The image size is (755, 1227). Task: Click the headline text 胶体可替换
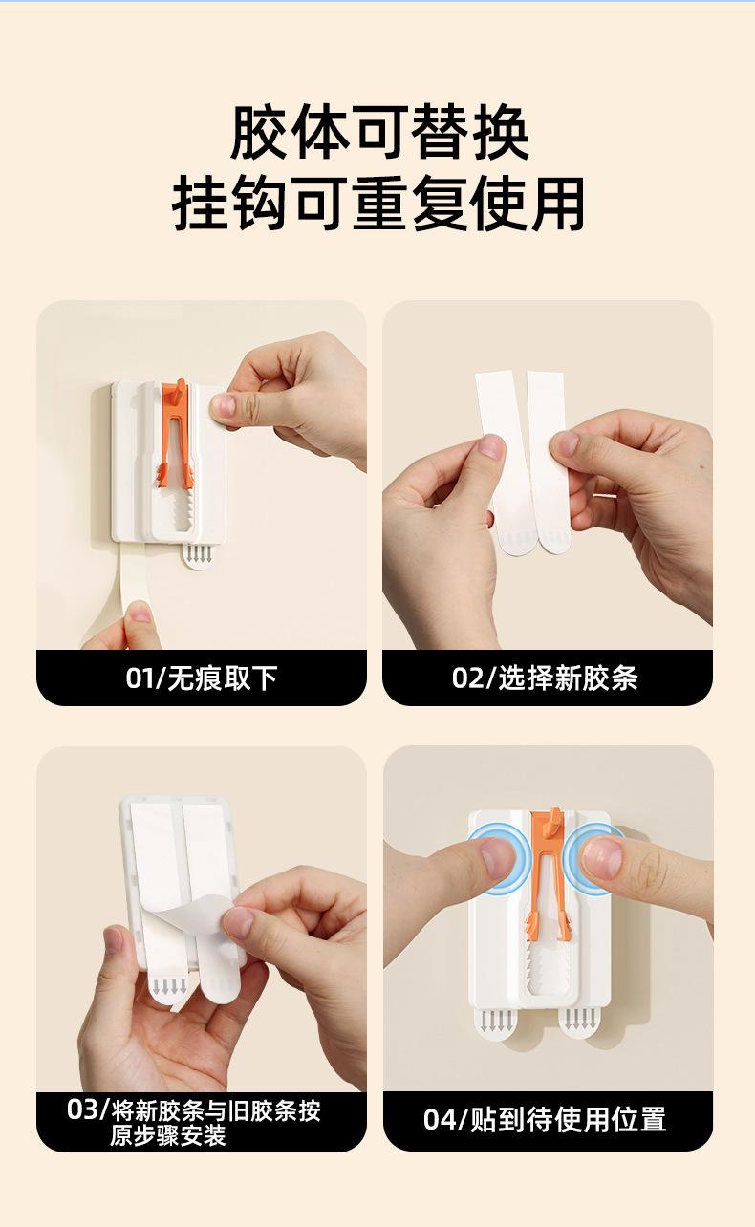[x=379, y=133]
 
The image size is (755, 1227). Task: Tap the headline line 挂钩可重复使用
[x=378, y=204]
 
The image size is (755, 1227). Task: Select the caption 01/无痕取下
[x=202, y=678]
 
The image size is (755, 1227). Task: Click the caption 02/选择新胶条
[x=545, y=678]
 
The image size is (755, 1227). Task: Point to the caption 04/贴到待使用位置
[x=545, y=1120]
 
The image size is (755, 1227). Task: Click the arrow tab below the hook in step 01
[x=197, y=556]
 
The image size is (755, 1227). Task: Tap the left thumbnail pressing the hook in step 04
[x=497, y=858]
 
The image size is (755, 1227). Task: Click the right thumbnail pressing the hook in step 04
[x=602, y=857]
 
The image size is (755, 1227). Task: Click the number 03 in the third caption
[x=83, y=1109]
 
